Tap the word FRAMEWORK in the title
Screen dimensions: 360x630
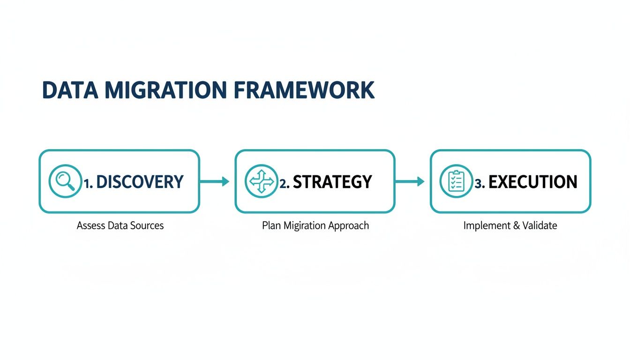point(304,90)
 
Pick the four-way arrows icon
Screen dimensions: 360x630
point(261,181)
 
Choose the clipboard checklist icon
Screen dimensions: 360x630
point(456,181)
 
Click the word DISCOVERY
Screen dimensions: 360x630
point(140,182)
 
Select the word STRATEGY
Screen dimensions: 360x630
point(332,182)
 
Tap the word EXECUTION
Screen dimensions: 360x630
point(533,182)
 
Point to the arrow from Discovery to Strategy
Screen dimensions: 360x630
point(215,181)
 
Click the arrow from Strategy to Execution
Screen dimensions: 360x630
point(410,181)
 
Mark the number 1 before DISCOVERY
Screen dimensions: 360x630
point(87,183)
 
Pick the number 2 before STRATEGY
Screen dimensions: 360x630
point(283,183)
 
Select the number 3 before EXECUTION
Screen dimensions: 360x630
point(478,183)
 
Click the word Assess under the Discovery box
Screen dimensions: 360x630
point(91,225)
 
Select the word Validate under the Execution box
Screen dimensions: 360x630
point(540,225)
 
